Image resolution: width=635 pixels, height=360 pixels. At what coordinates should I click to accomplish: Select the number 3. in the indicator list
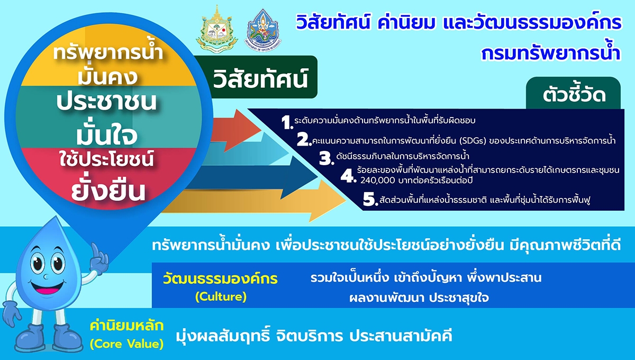coord(324,157)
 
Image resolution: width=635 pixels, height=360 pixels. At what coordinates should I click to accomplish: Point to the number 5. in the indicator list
coord(369,200)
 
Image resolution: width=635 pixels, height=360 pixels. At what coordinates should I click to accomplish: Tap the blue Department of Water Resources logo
coord(263,30)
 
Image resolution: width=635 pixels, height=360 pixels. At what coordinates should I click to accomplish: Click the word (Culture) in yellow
coord(220,297)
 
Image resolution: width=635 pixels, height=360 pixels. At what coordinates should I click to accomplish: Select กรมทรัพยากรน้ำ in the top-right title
coord(550,53)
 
